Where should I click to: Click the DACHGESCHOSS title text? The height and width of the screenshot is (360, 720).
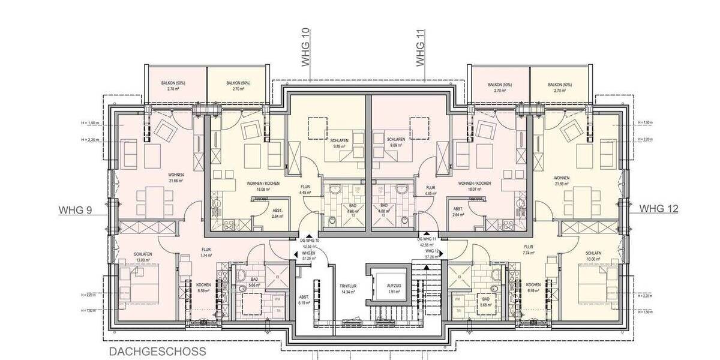click(158, 352)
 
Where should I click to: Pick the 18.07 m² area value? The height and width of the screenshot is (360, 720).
click(474, 188)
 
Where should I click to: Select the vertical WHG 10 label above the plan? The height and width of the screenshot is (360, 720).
click(307, 52)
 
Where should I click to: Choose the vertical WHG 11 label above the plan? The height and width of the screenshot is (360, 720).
click(421, 52)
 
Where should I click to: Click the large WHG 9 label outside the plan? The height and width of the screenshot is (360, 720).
click(75, 211)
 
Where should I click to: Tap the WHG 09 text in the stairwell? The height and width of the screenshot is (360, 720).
click(308, 253)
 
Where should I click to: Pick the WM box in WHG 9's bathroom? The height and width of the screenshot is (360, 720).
click(277, 298)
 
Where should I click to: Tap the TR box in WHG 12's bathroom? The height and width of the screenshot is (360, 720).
click(458, 310)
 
